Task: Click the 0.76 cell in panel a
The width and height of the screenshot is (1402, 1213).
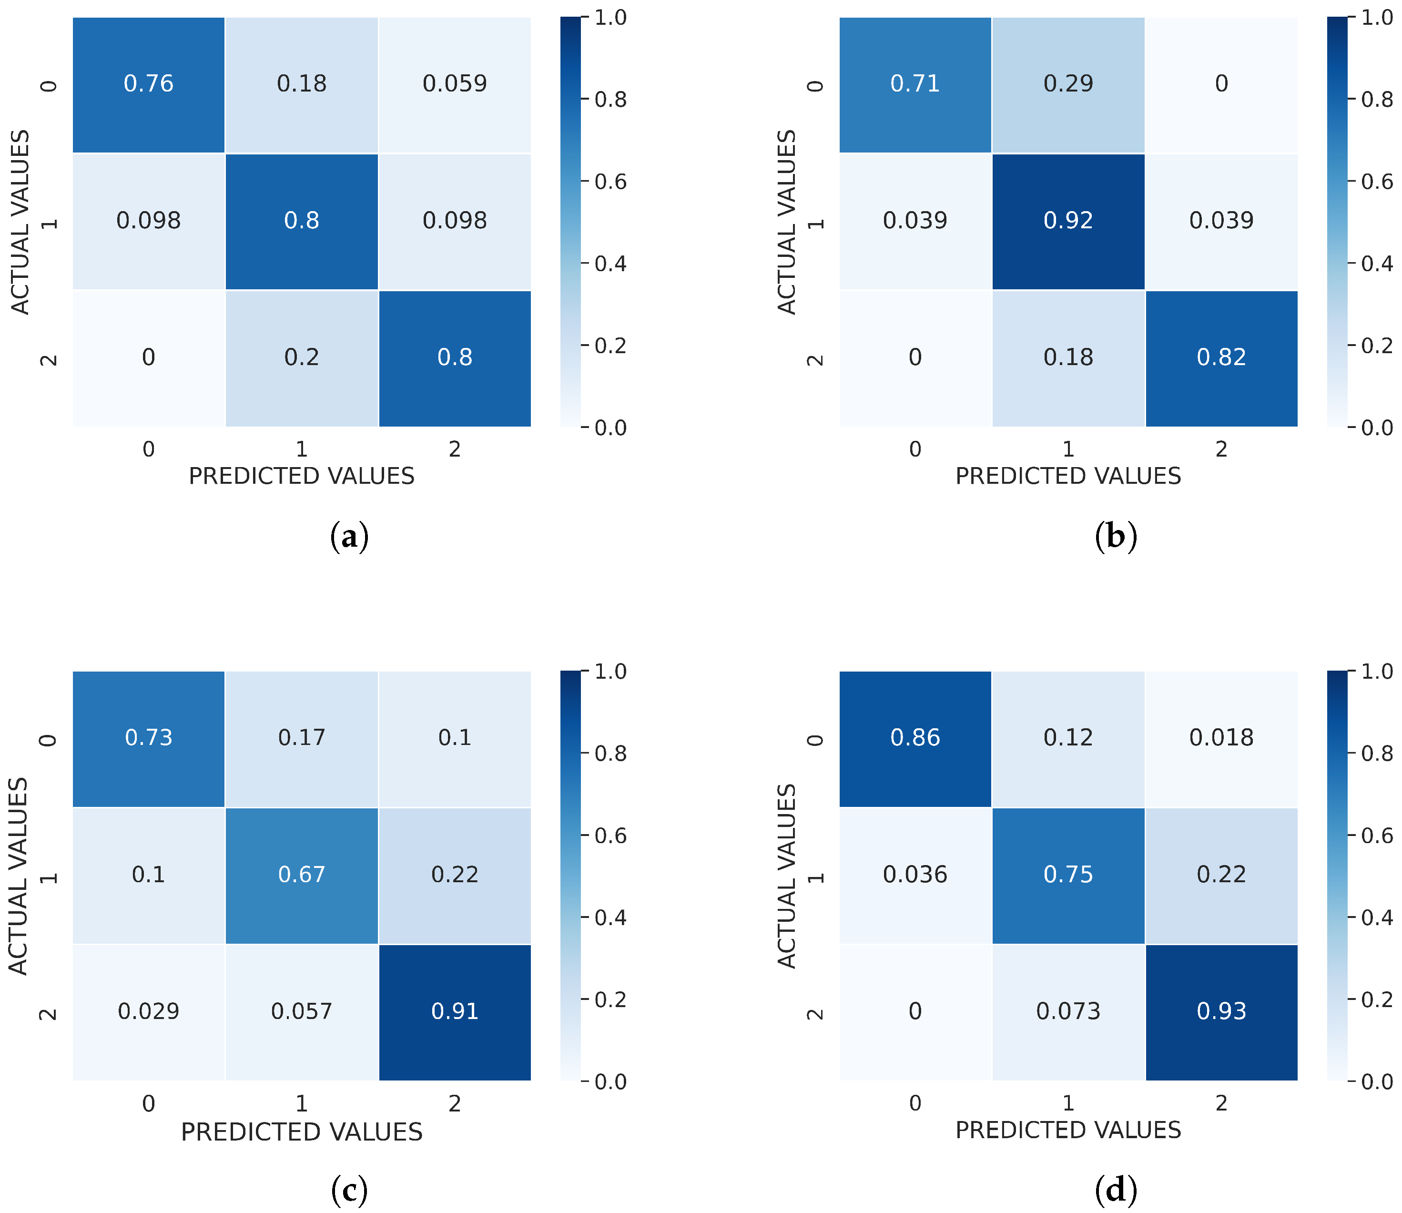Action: (148, 84)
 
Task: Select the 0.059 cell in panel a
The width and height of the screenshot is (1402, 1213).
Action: (454, 84)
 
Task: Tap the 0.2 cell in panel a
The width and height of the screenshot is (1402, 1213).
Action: (301, 357)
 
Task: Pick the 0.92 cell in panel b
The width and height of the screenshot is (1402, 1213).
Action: (1068, 221)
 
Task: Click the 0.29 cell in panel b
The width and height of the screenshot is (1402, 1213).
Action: (1068, 84)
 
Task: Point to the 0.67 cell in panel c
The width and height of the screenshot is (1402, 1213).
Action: (301, 875)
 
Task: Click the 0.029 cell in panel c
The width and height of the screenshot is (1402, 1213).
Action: (148, 1011)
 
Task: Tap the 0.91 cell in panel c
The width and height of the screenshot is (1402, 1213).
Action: (454, 1011)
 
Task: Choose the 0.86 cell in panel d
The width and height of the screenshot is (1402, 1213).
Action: (915, 738)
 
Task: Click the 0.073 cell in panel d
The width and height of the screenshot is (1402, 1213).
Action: (1068, 1011)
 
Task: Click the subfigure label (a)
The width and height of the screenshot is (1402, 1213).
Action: (349, 537)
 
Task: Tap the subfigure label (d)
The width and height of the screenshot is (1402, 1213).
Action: (1115, 1190)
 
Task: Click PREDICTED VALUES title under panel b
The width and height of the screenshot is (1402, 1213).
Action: (1068, 477)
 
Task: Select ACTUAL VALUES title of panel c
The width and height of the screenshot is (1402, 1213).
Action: (19, 876)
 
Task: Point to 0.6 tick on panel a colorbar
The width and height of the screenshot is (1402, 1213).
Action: (610, 182)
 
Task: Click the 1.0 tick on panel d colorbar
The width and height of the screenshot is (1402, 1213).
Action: (1376, 672)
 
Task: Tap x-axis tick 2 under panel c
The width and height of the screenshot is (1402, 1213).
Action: (454, 1103)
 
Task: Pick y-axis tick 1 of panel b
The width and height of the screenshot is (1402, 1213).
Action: (816, 222)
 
